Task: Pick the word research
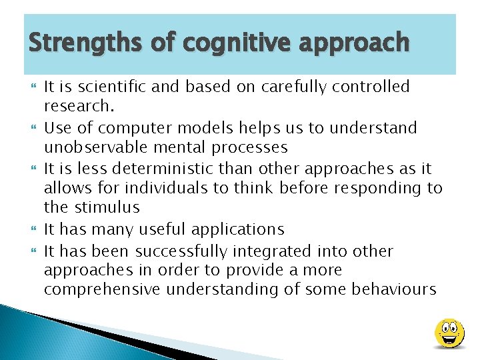77,105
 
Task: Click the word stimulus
109,207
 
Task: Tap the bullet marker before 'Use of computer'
31,128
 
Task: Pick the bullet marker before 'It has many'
31,229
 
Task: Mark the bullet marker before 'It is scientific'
31,87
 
